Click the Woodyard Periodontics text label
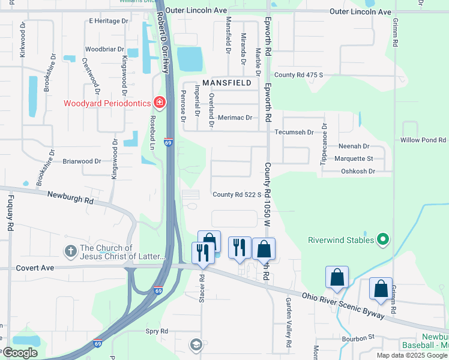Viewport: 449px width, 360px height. point(107,103)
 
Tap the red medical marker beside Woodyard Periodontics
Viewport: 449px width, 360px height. point(159,103)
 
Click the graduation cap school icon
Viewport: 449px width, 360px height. point(195,344)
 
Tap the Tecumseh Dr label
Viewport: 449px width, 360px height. point(294,132)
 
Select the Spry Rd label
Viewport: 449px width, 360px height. point(157,331)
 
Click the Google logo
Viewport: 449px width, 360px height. point(20,353)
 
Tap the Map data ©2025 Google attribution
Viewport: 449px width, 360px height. point(411,355)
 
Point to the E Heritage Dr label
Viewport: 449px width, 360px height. point(109,20)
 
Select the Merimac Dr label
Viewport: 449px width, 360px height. point(235,118)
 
